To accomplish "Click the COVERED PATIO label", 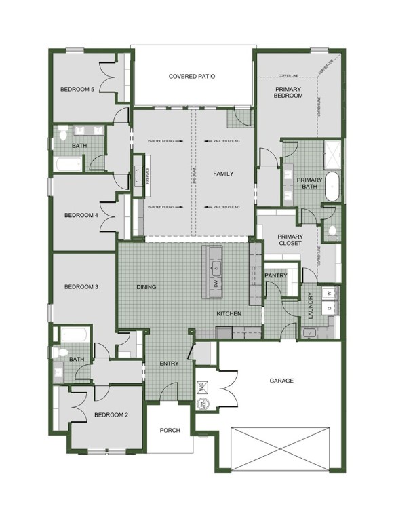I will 192,77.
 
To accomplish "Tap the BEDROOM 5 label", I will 77,89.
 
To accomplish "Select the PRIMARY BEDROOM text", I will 288,93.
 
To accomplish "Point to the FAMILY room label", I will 223,174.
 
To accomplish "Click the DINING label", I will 146,287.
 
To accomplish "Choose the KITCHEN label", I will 229,314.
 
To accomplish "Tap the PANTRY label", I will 277,276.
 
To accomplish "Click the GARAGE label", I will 281,381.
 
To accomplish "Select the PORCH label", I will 170,431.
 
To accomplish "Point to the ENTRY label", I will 169,364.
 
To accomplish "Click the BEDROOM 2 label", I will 111,414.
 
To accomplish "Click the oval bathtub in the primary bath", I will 332,187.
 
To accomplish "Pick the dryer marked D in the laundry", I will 330,308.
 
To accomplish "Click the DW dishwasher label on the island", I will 216,283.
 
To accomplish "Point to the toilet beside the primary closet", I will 331,232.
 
